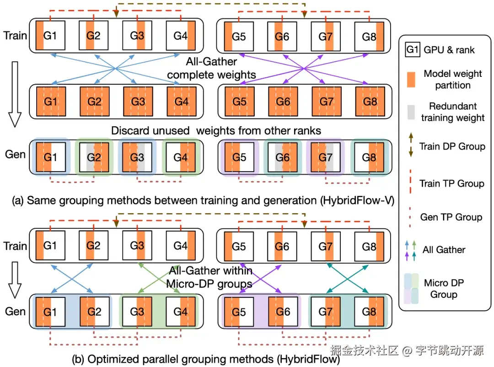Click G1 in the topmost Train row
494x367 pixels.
(50, 35)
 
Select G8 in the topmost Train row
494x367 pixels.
(370, 35)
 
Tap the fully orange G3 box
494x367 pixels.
(138, 101)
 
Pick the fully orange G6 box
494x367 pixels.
(283, 101)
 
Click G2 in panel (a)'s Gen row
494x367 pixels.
(94, 157)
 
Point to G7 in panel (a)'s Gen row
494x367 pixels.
(326, 157)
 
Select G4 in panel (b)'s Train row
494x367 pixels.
(181, 246)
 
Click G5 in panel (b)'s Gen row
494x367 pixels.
(239, 312)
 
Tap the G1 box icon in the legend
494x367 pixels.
(413, 49)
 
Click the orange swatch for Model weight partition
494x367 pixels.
(413, 79)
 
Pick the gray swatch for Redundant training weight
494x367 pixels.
(413, 112)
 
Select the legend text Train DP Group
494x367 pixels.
(452, 147)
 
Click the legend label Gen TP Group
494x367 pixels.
(451, 216)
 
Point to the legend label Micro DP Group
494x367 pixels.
(444, 288)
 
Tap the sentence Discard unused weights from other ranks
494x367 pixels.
(216, 131)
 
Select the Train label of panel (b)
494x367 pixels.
(15, 246)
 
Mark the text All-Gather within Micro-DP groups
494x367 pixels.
(209, 277)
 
